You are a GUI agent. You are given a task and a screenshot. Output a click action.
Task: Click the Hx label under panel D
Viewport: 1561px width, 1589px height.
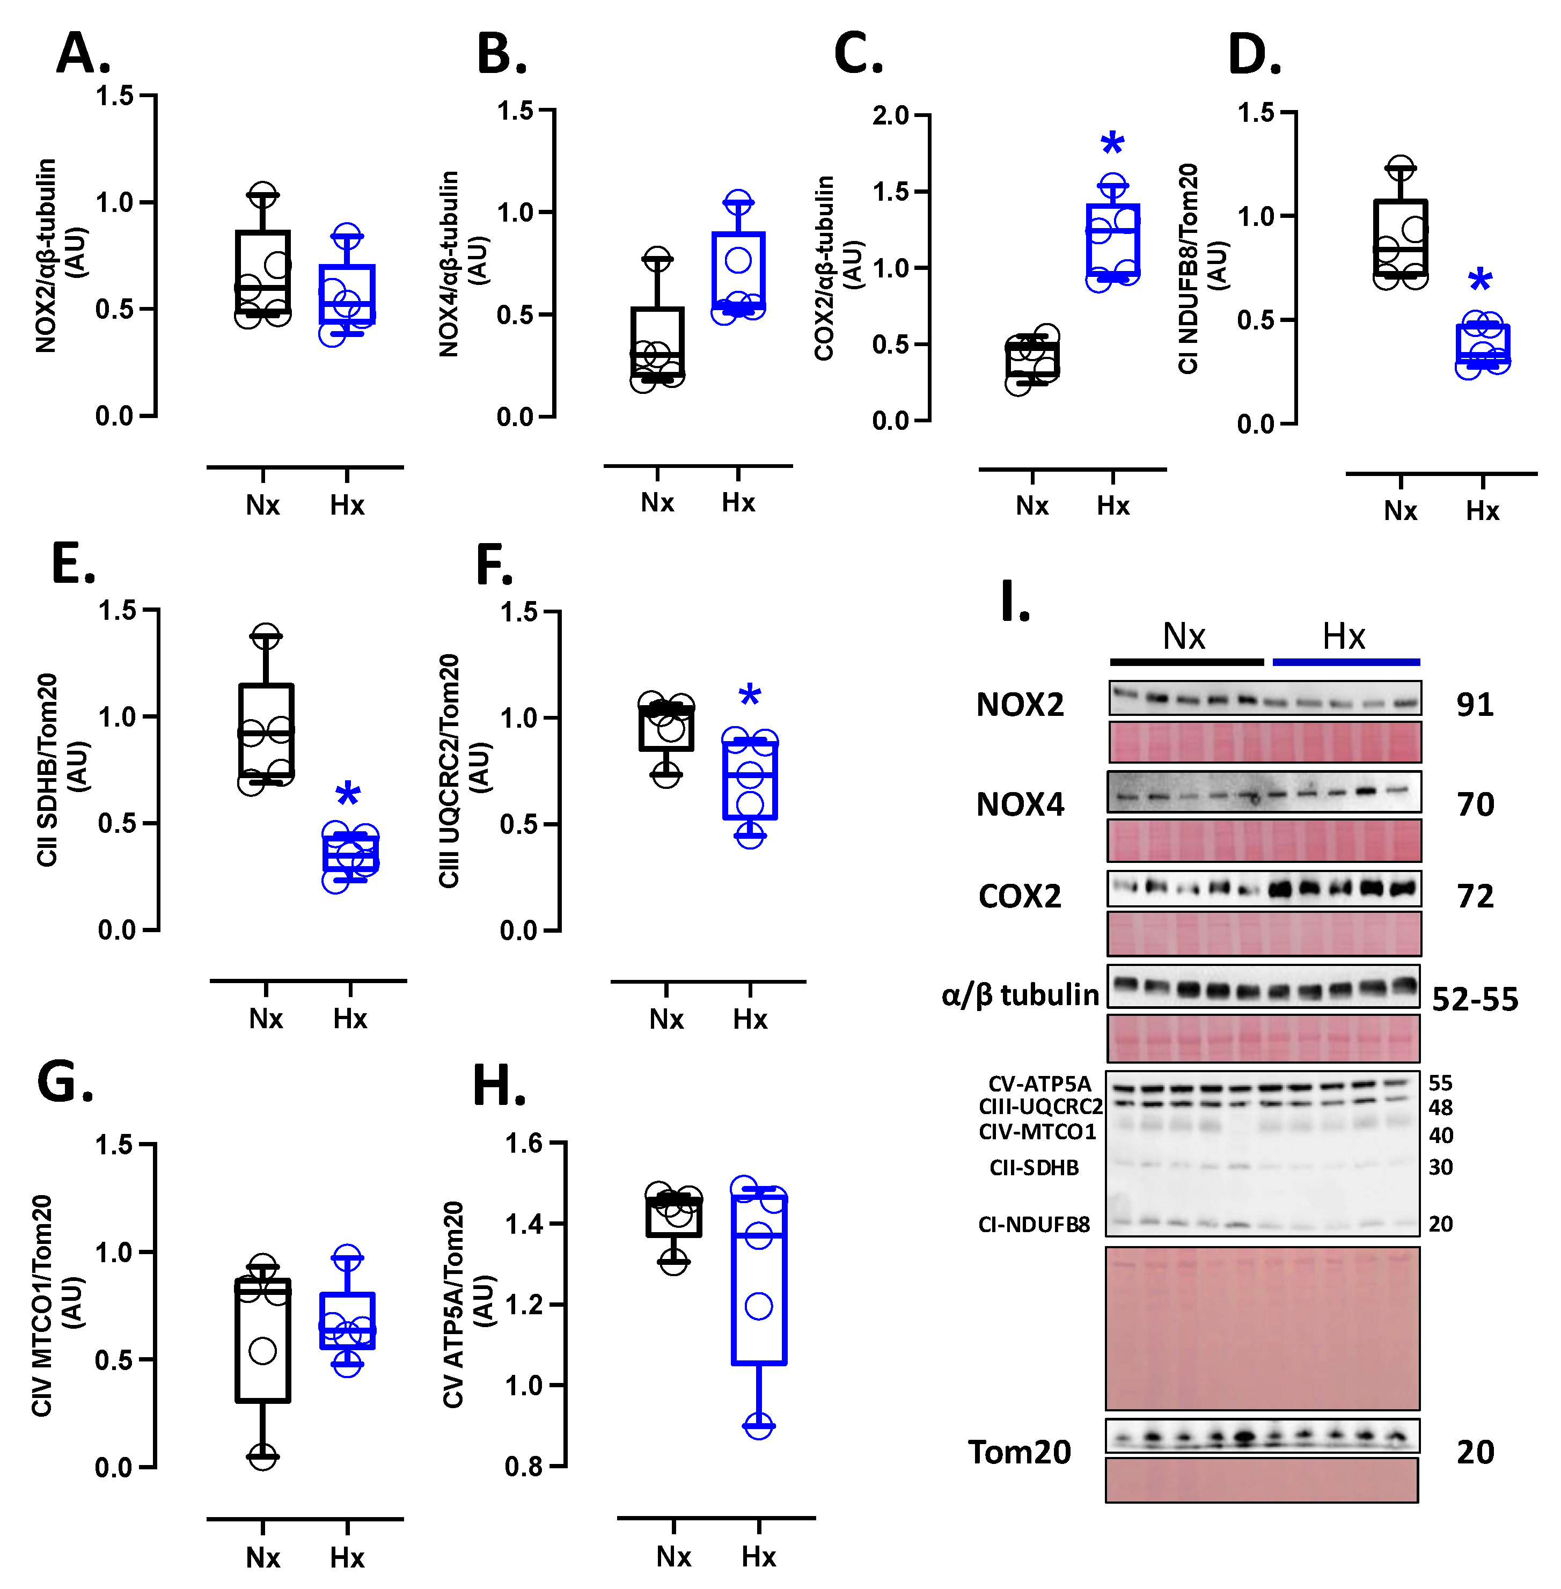[1482, 511]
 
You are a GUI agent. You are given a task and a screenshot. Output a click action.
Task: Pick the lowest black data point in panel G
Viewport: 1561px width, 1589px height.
[262, 1456]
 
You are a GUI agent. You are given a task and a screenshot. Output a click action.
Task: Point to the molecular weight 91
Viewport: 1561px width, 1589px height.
[1474, 704]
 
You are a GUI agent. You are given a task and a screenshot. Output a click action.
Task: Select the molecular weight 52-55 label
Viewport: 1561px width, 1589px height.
[1474, 999]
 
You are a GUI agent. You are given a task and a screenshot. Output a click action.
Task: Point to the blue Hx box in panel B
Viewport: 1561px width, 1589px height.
[738, 270]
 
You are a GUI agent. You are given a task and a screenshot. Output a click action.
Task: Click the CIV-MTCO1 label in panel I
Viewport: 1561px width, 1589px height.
[1037, 1132]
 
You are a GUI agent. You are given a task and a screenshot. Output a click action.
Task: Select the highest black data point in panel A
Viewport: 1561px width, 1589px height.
[262, 195]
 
